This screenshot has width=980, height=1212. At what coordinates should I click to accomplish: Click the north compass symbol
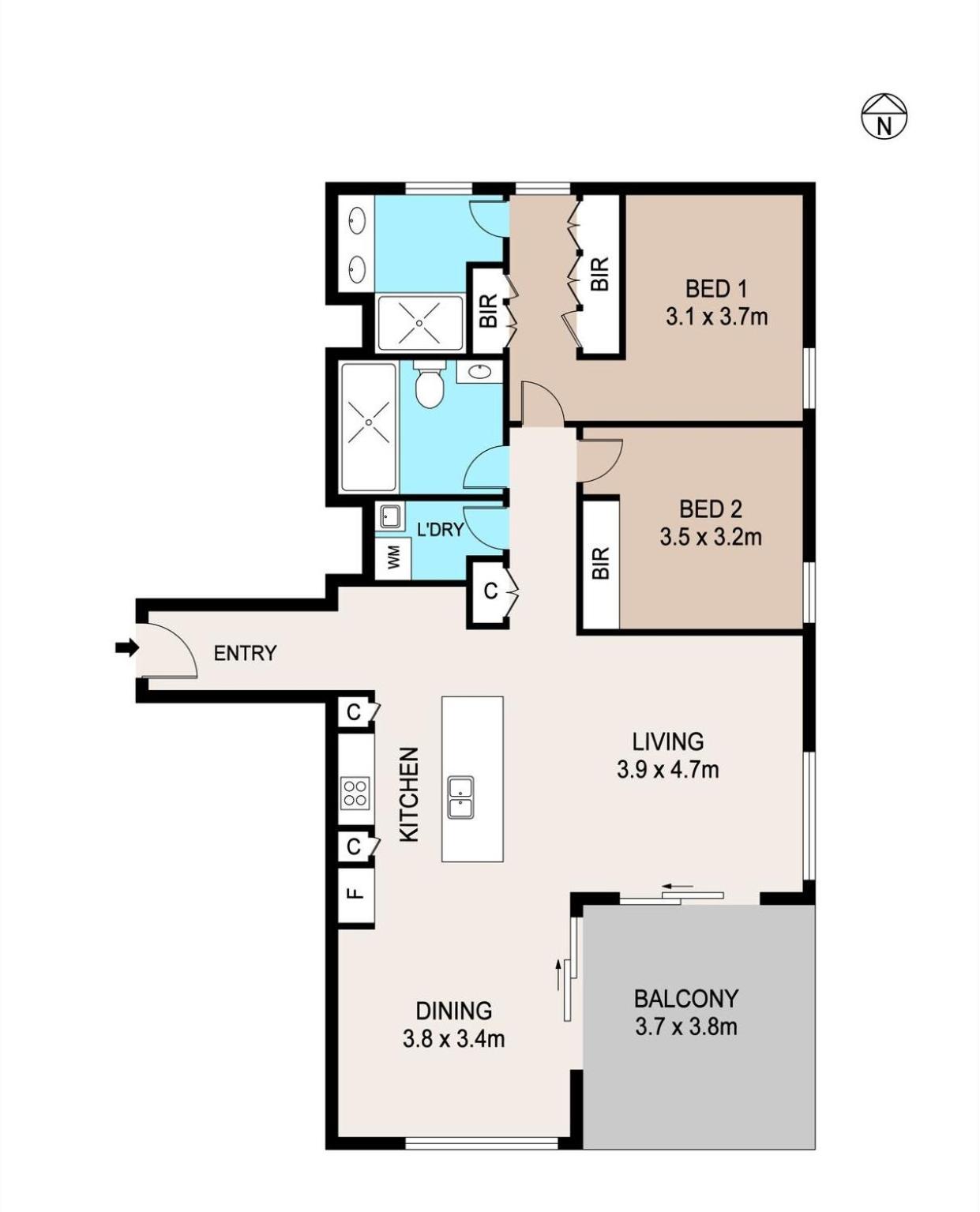pyautogui.click(x=883, y=117)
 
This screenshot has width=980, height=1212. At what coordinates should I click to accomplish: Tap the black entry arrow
pyautogui.click(x=127, y=647)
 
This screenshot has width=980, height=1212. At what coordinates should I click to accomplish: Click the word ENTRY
pyautogui.click(x=245, y=653)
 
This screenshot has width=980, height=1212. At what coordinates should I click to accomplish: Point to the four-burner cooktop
pyautogui.click(x=355, y=794)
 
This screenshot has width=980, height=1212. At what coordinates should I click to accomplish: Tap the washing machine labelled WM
pyautogui.click(x=393, y=558)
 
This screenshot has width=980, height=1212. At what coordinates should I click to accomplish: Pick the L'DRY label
pyautogui.click(x=441, y=530)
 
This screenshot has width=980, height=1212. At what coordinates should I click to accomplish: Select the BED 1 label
pyautogui.click(x=715, y=289)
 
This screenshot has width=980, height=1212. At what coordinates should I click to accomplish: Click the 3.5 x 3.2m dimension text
pyautogui.click(x=710, y=537)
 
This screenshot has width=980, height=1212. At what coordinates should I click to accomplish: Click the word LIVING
pyautogui.click(x=668, y=741)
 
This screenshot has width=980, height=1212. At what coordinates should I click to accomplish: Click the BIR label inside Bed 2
pyautogui.click(x=600, y=563)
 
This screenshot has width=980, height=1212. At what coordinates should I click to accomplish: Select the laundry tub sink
pyautogui.click(x=390, y=517)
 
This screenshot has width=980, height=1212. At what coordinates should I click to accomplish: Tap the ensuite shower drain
pyautogui.click(x=419, y=323)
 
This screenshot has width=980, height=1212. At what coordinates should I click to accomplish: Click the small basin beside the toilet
pyautogui.click(x=480, y=372)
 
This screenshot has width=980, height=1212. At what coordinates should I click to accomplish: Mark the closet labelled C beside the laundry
pyautogui.click(x=490, y=591)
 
